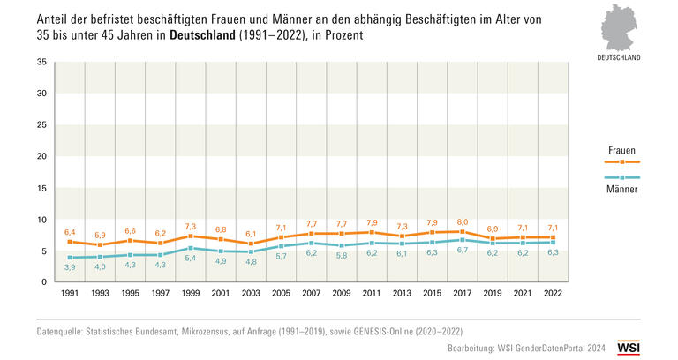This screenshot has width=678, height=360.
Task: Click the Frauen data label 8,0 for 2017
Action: (463, 221)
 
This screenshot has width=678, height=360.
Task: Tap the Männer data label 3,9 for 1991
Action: (70, 266)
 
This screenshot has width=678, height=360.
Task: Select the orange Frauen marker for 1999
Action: (190, 236)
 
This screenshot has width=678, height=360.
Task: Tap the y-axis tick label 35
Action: (41, 63)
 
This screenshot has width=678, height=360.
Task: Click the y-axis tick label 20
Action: (41, 156)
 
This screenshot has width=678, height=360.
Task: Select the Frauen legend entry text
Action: (623, 151)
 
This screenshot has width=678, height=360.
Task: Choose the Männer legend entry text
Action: (623, 189)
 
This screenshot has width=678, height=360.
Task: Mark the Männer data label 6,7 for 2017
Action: (463, 251)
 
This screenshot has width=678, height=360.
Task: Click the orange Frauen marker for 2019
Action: (492, 239)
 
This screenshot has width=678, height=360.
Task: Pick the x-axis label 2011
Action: (371, 292)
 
